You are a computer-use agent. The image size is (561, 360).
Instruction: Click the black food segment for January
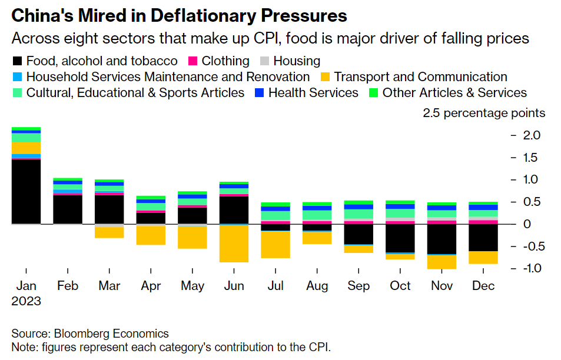click(26, 192)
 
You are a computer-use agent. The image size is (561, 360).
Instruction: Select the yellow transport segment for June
click(234, 244)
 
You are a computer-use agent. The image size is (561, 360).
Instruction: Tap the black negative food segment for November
click(442, 239)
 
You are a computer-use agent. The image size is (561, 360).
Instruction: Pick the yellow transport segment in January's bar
click(26, 148)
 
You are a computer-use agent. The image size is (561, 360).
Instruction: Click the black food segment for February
click(68, 209)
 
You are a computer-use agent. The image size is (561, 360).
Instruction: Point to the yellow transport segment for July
click(275, 245)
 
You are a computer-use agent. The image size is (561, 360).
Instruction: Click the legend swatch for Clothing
click(192, 61)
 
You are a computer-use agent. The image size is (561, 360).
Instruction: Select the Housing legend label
click(297, 61)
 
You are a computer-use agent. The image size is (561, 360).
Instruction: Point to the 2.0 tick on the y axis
click(532, 135)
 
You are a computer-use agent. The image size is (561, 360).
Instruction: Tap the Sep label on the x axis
click(358, 286)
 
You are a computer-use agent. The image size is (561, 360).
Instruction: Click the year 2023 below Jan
click(26, 301)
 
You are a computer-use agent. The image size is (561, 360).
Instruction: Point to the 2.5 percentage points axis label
click(484, 113)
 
